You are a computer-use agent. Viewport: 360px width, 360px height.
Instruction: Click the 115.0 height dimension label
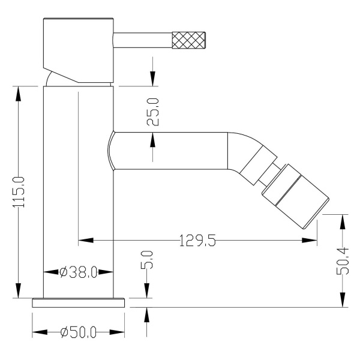point(19,192)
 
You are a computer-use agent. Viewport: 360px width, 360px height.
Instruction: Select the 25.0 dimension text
point(152,112)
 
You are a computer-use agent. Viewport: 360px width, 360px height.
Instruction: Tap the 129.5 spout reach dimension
point(197,241)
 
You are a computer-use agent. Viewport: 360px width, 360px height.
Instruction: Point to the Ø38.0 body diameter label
point(78,272)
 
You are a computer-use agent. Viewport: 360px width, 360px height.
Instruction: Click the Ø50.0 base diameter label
point(78,332)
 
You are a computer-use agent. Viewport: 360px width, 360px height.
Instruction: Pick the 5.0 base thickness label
point(147,259)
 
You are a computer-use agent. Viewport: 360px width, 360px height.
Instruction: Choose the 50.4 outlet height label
point(343,261)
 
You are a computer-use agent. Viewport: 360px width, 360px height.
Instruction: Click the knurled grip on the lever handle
point(188,40)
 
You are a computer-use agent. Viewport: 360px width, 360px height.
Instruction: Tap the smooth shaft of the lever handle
point(143,40)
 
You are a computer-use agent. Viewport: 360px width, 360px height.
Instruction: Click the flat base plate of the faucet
point(79,303)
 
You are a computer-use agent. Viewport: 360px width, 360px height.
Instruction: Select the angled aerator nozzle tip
point(296,196)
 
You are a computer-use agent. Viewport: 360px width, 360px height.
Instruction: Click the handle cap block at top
point(78,50)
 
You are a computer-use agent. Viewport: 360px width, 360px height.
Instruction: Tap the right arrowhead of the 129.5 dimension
point(310,241)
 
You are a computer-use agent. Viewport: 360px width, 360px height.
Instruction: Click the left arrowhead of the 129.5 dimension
point(86,241)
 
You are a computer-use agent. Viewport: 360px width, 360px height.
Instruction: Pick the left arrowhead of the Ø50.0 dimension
point(40,332)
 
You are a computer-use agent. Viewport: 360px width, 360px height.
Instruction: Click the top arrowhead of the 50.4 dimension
point(343,222)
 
